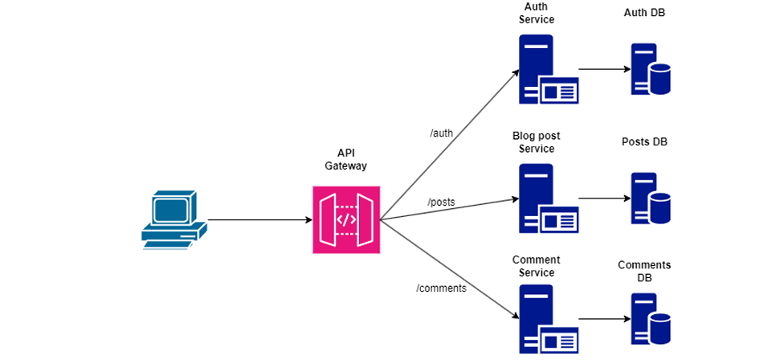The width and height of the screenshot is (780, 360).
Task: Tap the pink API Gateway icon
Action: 345,219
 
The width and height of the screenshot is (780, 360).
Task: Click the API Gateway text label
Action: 345,159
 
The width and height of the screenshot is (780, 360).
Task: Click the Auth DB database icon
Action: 650,70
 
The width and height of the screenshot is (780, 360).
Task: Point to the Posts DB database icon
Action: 650,198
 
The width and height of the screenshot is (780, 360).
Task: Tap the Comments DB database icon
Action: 650,319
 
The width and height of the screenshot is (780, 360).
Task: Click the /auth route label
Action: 442,133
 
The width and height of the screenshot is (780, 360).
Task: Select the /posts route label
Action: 441,202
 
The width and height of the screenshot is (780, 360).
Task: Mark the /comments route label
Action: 441,288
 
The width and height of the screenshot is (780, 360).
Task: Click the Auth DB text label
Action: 644,13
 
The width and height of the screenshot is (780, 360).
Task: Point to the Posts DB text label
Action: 644,142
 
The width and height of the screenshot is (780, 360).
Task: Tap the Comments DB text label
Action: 644,271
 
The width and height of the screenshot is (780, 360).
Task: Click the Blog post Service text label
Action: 537,142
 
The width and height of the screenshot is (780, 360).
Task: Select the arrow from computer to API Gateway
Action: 259,219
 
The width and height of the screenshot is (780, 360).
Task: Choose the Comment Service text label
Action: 537,266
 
